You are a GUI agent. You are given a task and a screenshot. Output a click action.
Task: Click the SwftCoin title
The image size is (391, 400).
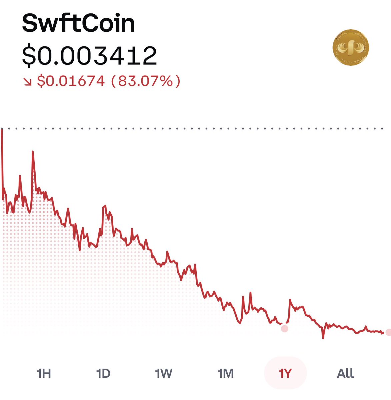78,23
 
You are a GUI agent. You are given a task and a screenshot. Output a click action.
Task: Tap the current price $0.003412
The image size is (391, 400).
89,56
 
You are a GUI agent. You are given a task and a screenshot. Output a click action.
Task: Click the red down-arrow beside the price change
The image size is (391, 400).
27,81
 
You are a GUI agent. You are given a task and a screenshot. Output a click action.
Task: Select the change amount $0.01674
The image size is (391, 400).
71,81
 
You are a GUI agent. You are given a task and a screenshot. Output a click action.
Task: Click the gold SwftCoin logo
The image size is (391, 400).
351,47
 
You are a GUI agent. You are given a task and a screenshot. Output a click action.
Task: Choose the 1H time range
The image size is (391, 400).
44,373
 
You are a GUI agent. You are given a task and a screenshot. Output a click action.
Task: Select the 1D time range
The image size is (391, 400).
103,373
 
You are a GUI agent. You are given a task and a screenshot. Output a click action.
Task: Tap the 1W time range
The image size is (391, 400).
164,373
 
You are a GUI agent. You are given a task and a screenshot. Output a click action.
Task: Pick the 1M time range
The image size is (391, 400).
226,373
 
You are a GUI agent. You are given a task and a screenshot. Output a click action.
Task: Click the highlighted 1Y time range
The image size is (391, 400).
285,373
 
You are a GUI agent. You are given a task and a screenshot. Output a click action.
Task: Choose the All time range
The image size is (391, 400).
345,373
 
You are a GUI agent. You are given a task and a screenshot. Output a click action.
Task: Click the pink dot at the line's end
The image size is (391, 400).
388,332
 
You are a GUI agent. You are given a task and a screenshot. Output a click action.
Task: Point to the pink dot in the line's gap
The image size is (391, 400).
284,329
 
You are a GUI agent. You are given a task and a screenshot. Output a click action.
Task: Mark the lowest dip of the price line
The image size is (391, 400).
323,338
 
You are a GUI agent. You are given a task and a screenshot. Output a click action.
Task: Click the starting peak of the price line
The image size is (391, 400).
2,129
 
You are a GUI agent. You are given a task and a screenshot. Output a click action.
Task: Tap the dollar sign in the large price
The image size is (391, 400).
29,56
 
